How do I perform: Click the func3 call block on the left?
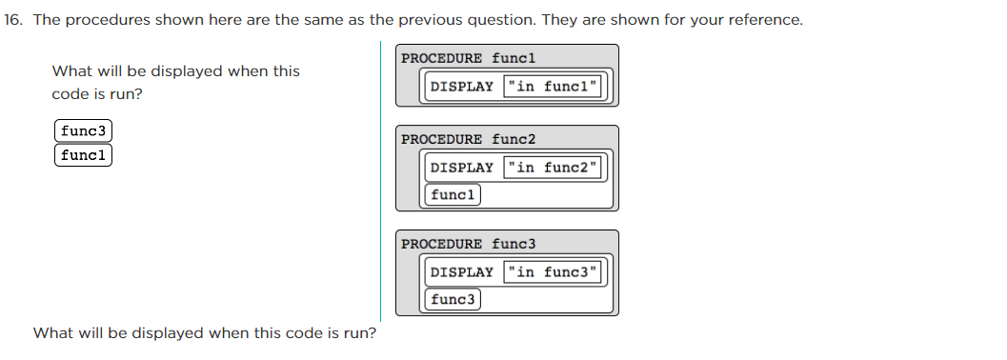click(84, 130)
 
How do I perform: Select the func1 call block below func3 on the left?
click(84, 154)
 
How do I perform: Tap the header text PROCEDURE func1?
click(468, 58)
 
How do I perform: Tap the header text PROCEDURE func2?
click(468, 139)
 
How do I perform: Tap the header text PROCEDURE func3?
click(468, 244)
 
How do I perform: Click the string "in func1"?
click(554, 87)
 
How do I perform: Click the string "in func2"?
click(554, 168)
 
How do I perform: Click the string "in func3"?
click(554, 272)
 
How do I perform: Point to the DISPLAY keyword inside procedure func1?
click(461, 87)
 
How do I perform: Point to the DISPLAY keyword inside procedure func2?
click(461, 168)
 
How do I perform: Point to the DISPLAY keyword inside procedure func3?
click(461, 272)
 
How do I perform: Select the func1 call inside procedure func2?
click(453, 195)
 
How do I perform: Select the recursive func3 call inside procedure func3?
click(453, 300)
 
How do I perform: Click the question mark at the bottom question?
click(372, 333)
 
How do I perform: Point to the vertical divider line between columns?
click(383, 181)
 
